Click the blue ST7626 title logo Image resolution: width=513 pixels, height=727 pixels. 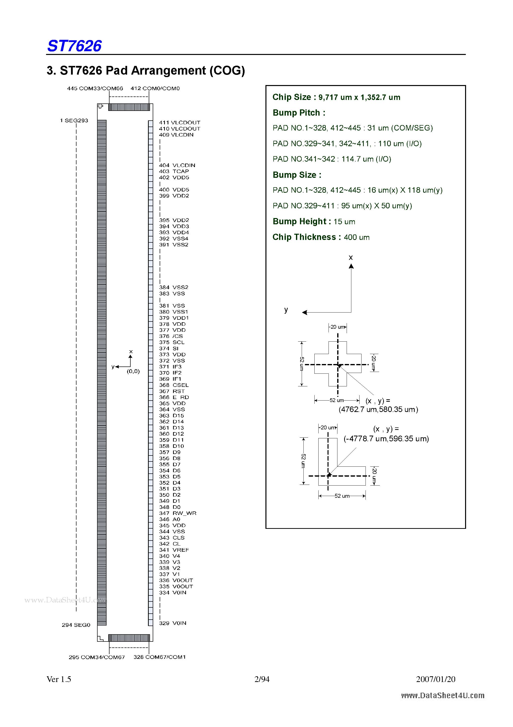click(x=74, y=46)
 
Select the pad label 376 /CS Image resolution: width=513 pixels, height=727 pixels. click(x=171, y=336)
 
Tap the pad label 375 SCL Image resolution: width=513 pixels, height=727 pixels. click(x=172, y=342)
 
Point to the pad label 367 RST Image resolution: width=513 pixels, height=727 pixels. click(x=172, y=391)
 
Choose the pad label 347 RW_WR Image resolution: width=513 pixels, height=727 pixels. click(x=178, y=513)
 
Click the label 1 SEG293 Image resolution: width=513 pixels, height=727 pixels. click(x=74, y=121)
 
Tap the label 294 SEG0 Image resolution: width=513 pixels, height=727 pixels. click(x=76, y=625)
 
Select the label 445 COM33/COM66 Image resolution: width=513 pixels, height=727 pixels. click(x=95, y=89)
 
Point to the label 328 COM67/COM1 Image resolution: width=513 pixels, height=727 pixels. click(x=159, y=657)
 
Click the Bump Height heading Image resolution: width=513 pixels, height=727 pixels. click(x=302, y=221)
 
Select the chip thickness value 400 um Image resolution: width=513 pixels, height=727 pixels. click(x=357, y=237)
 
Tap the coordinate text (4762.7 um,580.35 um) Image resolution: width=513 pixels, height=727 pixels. click(x=378, y=410)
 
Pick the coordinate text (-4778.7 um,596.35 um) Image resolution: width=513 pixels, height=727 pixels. click(x=386, y=439)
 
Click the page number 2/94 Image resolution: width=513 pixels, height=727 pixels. click(x=262, y=679)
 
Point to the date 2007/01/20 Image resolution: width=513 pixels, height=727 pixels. click(x=436, y=679)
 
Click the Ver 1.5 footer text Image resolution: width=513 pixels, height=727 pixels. click(x=59, y=679)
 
